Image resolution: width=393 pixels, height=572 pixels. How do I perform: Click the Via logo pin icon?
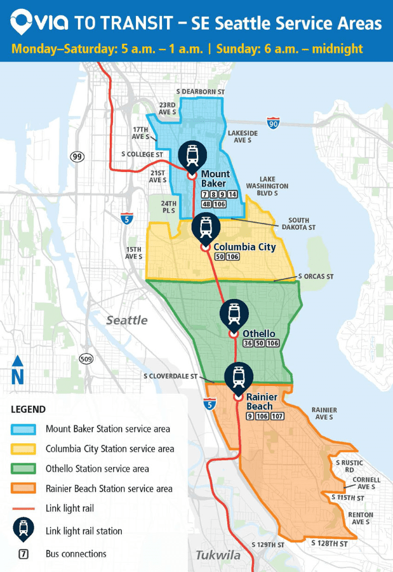[22, 23]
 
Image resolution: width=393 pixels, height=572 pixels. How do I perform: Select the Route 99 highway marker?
[77, 156]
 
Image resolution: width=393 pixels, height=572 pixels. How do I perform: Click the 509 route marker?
[86, 359]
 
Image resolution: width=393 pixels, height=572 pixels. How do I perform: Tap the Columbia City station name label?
[244, 246]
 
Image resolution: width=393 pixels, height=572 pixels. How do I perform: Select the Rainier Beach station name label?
[259, 401]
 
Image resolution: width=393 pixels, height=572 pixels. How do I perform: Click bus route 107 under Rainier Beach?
[277, 416]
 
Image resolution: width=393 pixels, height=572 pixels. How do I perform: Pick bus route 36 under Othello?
[249, 343]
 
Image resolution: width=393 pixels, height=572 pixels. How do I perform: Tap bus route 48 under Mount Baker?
[206, 204]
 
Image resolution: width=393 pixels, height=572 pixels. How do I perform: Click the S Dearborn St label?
[201, 92]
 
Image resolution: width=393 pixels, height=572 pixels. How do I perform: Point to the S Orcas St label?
[316, 277]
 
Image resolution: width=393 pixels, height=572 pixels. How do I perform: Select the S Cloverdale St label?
[170, 376]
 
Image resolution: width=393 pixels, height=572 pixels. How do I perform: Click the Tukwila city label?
[218, 555]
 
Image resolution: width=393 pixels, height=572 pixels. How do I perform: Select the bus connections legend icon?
[24, 554]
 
